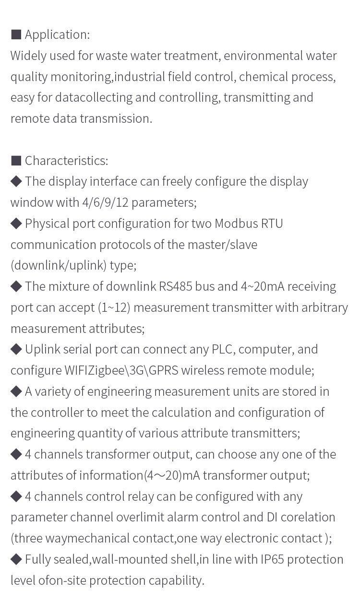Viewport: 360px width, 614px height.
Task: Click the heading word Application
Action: (57, 35)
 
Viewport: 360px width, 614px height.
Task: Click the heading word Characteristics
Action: (66, 161)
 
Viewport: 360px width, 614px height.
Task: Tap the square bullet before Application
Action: (16, 35)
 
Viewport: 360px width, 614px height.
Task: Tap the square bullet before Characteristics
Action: (16, 161)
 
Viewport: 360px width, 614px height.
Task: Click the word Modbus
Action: (235, 224)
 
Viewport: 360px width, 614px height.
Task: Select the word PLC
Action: (223, 349)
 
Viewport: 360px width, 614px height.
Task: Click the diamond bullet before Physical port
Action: (16, 224)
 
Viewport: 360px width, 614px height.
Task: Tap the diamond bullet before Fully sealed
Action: (16, 559)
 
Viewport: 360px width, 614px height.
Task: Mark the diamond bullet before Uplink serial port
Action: (16, 349)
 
